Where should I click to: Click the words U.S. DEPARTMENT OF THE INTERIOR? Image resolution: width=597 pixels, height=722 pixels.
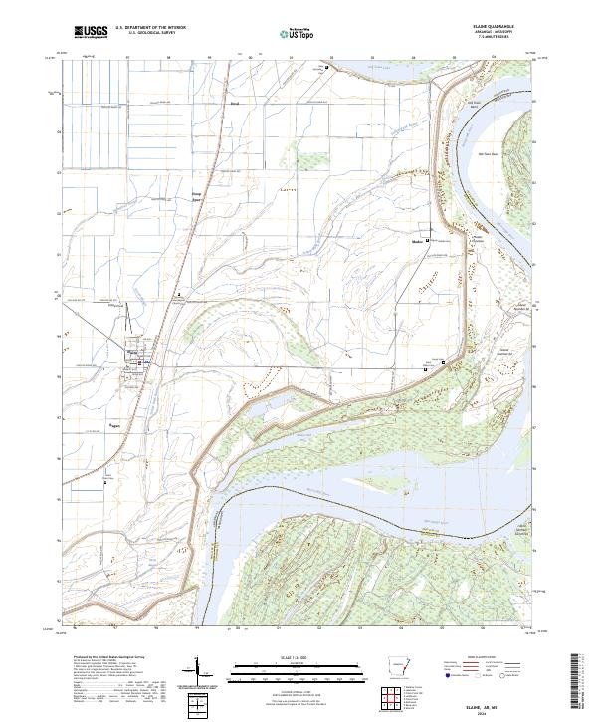pyautogui.click(x=143, y=29)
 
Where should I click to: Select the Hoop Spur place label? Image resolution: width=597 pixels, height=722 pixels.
pyautogui.click(x=197, y=197)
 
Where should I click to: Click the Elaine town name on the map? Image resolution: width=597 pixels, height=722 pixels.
pyautogui.click(x=132, y=350)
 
